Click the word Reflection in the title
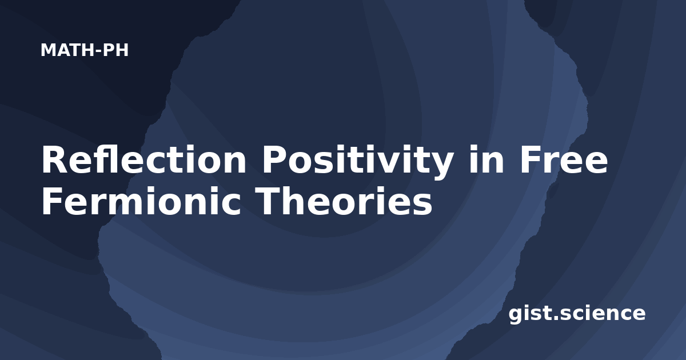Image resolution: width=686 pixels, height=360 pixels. (x=144, y=159)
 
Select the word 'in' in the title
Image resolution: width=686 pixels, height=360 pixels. (x=486, y=159)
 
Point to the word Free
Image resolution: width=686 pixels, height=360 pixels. (x=564, y=160)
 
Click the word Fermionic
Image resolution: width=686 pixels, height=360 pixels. (x=141, y=201)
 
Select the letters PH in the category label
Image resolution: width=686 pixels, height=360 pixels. (x=115, y=50)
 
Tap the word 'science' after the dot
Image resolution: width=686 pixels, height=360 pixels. (x=602, y=313)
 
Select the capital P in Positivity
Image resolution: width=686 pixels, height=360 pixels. (x=274, y=160)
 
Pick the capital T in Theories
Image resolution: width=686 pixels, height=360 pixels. (x=268, y=201)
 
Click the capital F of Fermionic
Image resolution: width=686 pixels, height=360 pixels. (x=52, y=201)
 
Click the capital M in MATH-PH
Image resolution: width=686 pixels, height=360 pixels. (x=48, y=50)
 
